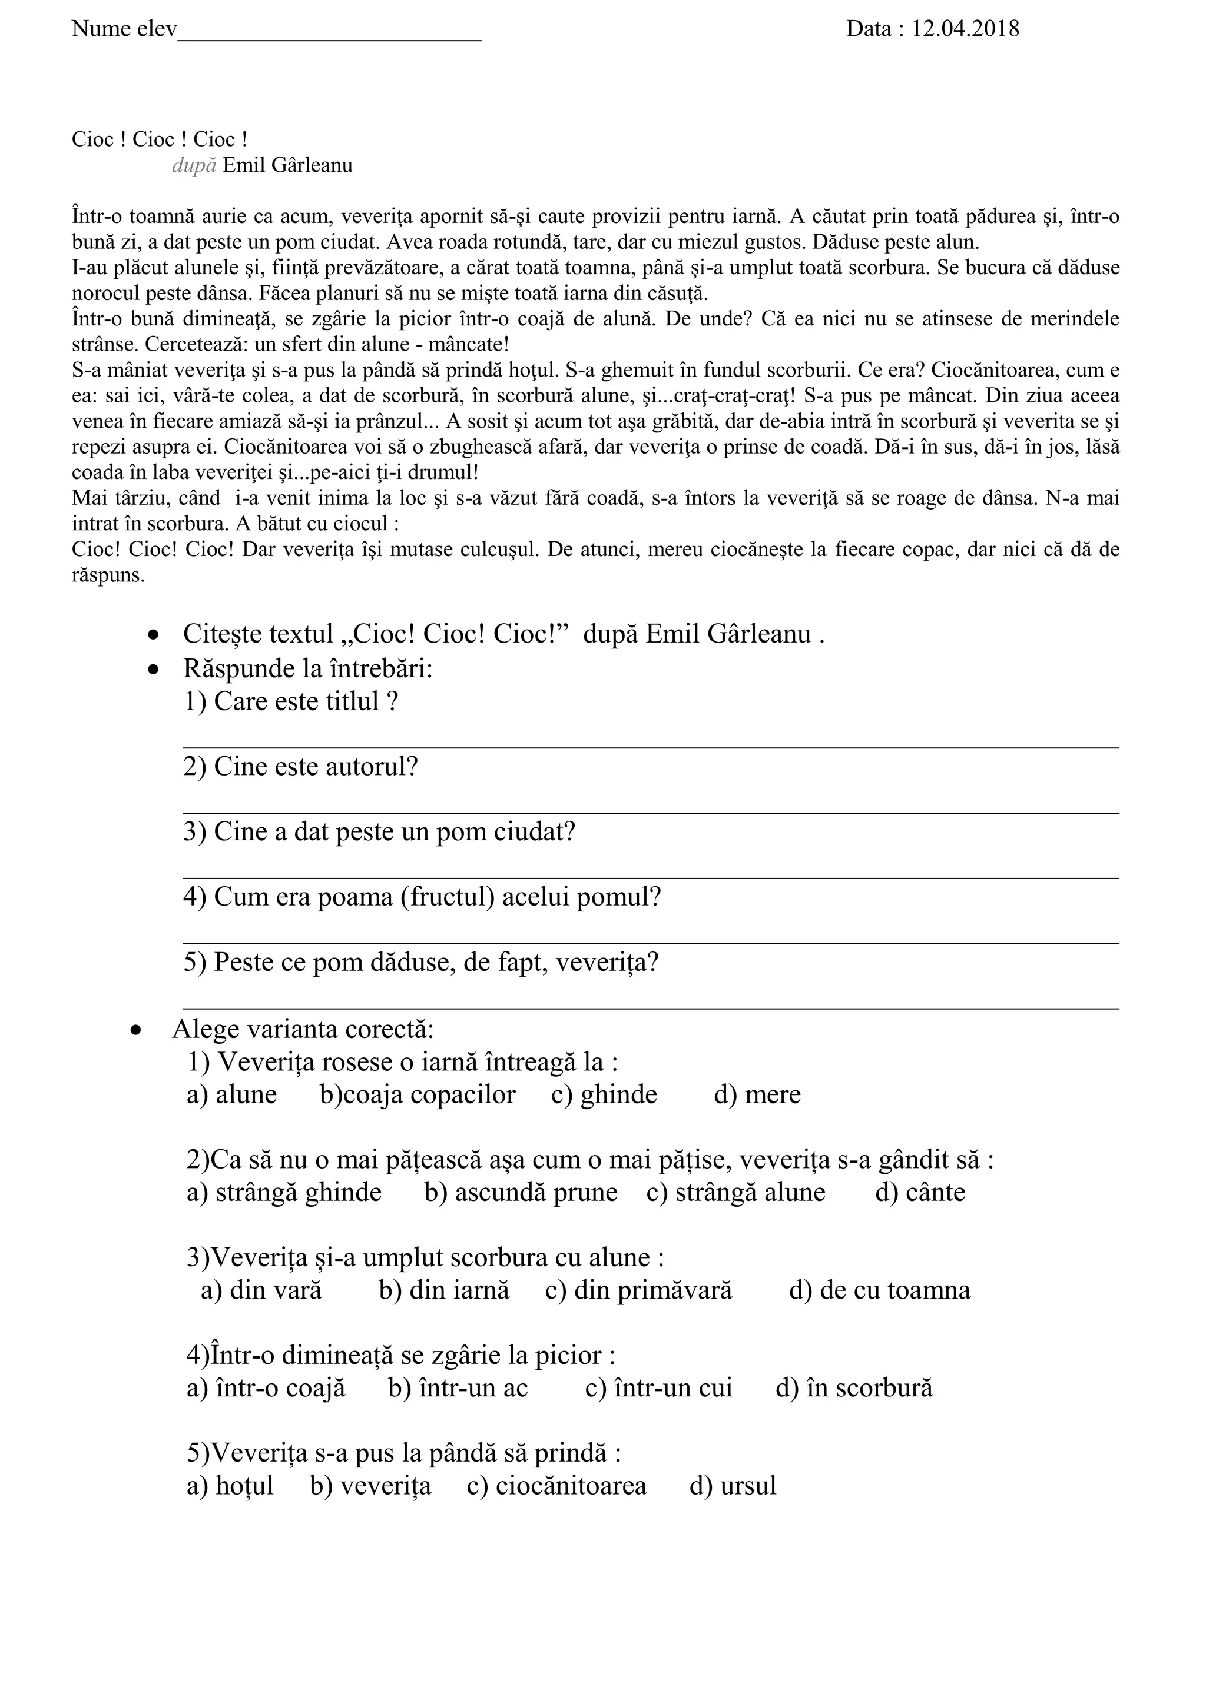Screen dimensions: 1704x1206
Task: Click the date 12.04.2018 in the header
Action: (x=965, y=29)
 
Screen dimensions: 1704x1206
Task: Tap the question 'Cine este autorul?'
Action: (x=301, y=767)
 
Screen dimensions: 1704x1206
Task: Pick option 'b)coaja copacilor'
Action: (x=418, y=1094)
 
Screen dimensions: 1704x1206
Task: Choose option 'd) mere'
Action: (x=757, y=1094)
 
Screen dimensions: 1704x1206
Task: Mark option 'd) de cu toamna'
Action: (x=879, y=1290)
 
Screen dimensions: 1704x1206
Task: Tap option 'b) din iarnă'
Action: (x=444, y=1290)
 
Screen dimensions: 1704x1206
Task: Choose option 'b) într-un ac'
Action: (x=458, y=1389)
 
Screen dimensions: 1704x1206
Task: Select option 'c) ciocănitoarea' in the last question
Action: (x=556, y=1486)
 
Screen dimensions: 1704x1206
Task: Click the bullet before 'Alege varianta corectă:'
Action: (x=136, y=1031)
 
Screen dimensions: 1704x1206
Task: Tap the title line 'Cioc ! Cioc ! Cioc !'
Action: (x=159, y=139)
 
